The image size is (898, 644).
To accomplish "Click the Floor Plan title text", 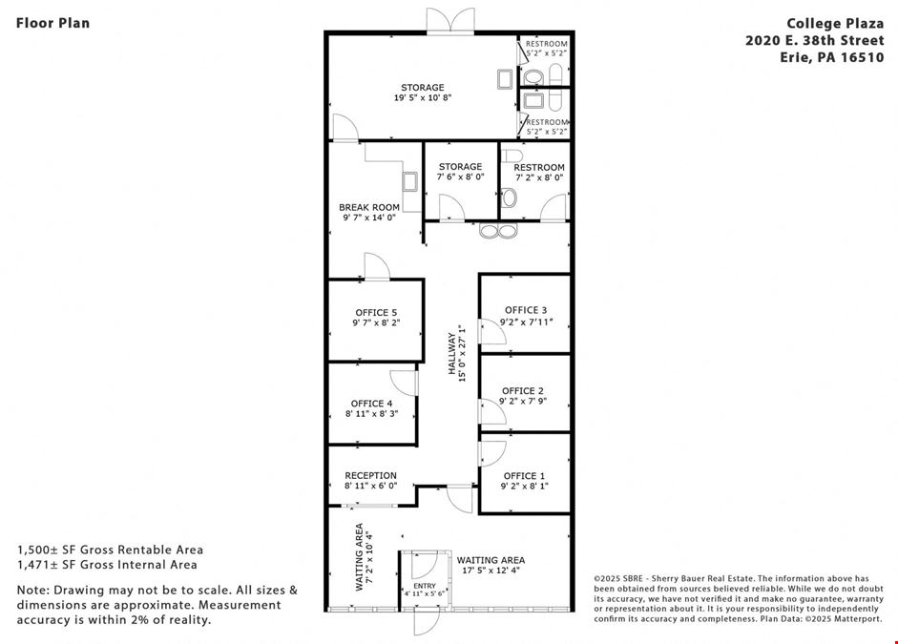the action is point(52,23).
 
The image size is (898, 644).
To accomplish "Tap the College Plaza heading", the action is point(835,24).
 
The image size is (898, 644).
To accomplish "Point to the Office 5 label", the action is point(376,313).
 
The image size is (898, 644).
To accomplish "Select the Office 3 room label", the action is point(526,310).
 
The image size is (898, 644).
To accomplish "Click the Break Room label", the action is point(369,207).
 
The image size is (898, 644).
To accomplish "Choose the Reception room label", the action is point(370,476).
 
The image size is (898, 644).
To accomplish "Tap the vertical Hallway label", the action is point(452,354).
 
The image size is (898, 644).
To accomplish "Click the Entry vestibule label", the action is point(425,586).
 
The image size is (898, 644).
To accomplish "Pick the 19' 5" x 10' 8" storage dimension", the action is point(423,98).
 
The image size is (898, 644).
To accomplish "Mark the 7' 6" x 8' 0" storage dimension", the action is point(461,177).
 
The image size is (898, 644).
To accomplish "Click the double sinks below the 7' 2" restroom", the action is point(498,231).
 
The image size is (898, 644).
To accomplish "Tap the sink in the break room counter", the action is point(410,181).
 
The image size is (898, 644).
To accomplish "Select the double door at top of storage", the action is point(450,21).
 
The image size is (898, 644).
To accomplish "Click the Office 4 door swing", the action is point(404,383).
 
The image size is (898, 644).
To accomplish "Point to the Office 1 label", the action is point(524,476).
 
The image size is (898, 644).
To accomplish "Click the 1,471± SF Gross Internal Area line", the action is point(107,565).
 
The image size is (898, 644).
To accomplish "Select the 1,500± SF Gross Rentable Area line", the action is point(110,551).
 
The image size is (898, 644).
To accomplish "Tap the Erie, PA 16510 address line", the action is point(832,58).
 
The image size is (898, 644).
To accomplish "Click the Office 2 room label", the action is point(523,391).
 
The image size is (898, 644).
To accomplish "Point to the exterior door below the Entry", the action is point(427,622).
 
